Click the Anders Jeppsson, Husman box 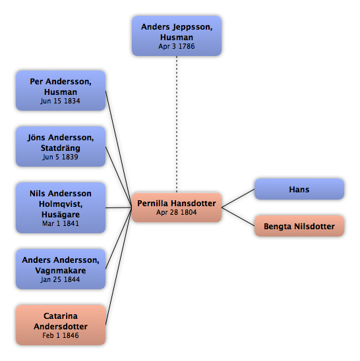[177, 36]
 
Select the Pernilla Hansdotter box [177, 208]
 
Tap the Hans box [299, 189]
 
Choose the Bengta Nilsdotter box [299, 226]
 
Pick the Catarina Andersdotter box [61, 325]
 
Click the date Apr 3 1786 [177, 46]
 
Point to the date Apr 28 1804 [177, 212]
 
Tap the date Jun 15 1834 [61, 101]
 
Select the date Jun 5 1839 [61, 157]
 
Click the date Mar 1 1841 [61, 223]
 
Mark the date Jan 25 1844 [61, 279]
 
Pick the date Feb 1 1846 [61, 335]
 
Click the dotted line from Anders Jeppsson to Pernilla [177, 125]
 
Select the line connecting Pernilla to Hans [238, 198]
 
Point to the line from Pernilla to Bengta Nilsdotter [238, 217]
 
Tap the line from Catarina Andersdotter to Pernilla [119, 266]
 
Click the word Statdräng [61, 148]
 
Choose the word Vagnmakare [61, 270]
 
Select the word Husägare [61, 214]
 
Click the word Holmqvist [61, 204]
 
